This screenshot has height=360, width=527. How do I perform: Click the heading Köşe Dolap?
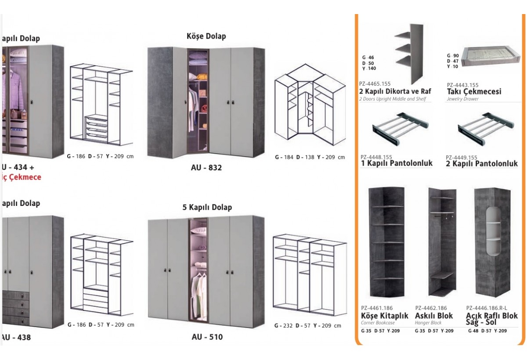click(206, 36)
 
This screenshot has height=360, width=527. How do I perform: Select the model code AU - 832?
click(206, 167)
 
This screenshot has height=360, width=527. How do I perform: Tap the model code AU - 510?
click(207, 337)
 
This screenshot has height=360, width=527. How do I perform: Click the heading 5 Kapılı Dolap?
click(207, 207)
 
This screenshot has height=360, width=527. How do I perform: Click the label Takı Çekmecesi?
click(474, 92)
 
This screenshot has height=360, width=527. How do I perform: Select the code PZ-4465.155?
click(375, 83)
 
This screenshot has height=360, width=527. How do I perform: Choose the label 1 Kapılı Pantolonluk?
click(396, 163)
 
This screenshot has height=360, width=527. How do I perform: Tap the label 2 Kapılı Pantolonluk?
click(482, 163)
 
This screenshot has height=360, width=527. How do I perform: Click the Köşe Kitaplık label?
click(384, 316)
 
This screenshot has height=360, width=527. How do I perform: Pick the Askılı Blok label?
click(434, 316)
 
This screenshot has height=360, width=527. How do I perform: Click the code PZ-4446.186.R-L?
click(486, 308)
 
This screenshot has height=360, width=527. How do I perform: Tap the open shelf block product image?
click(494, 244)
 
